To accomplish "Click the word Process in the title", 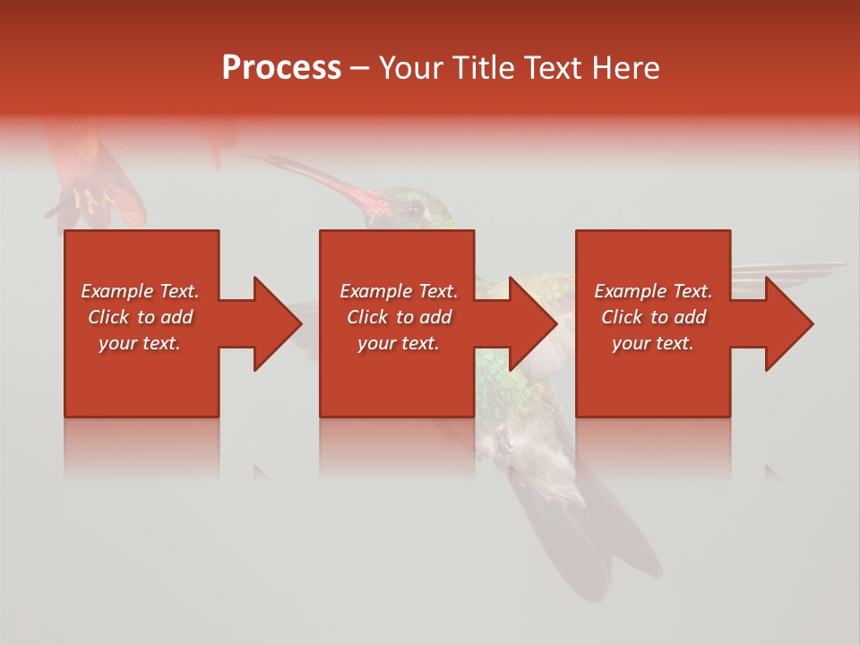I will [x=281, y=68].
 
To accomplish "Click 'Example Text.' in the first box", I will [x=140, y=291].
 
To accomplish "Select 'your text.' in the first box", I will [x=140, y=343].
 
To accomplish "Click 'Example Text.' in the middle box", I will [x=399, y=291].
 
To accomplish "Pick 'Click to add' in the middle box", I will [x=399, y=317].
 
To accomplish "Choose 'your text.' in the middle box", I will [x=399, y=343].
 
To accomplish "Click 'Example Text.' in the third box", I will [x=653, y=291].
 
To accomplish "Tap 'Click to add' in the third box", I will [x=653, y=317].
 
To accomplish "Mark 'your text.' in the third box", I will [x=653, y=343].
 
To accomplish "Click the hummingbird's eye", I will [x=415, y=208].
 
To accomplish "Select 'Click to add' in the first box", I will [x=140, y=317].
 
